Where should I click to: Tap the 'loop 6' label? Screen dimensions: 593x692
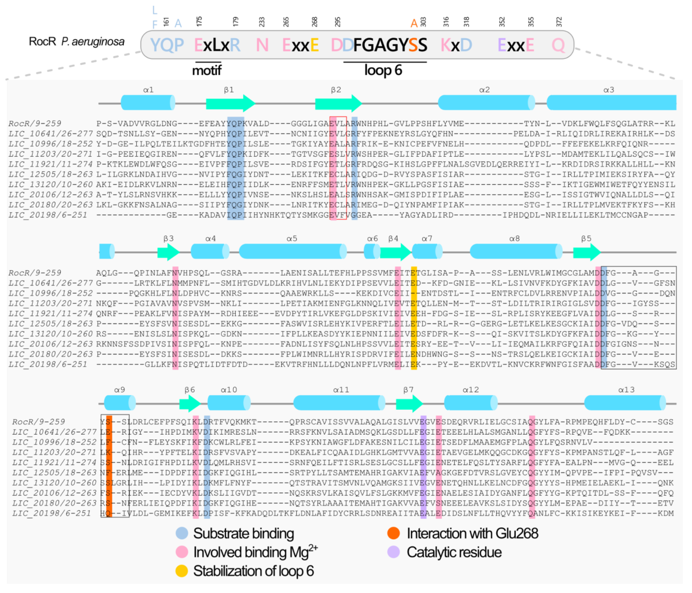click(x=383, y=70)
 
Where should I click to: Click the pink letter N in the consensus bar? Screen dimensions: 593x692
click(x=262, y=45)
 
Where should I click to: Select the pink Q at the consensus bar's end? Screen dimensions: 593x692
click(x=558, y=45)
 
